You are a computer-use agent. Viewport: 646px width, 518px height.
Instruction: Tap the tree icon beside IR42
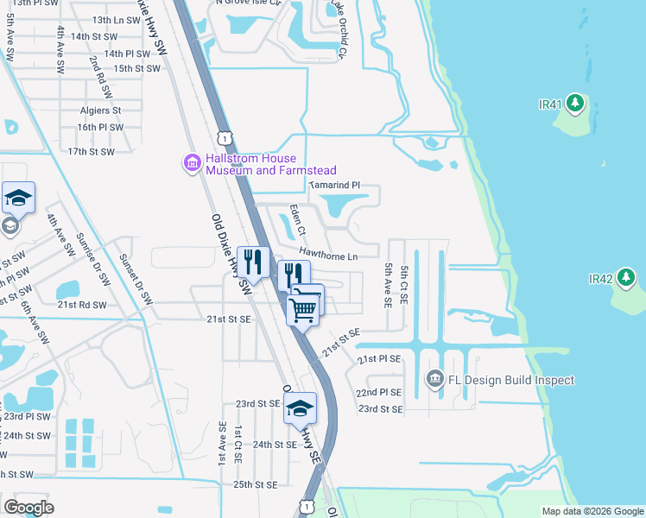click(x=626, y=279)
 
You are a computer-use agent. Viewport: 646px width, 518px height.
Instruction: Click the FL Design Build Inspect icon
click(x=434, y=379)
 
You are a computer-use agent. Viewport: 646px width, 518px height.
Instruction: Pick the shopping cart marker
click(x=303, y=308)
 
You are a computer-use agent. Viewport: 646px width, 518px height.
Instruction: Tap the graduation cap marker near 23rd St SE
click(x=300, y=408)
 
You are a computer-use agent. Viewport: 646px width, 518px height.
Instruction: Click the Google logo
click(x=28, y=508)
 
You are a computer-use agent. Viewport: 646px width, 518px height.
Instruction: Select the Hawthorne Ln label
click(x=328, y=255)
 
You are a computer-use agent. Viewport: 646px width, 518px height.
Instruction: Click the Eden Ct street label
click(x=297, y=220)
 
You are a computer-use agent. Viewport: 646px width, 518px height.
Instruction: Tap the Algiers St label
click(x=100, y=111)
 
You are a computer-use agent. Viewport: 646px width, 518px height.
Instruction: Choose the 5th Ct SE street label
click(x=404, y=287)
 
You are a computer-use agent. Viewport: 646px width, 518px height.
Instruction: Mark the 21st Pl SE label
click(x=380, y=358)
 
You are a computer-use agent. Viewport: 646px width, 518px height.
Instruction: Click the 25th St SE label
click(x=255, y=484)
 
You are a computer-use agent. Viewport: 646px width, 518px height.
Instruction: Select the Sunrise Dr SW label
click(x=93, y=259)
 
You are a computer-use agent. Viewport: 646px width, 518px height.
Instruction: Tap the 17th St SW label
click(x=92, y=152)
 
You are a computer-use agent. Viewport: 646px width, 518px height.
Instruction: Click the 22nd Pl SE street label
click(x=380, y=392)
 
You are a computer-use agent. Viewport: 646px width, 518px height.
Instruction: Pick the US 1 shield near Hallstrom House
click(x=225, y=138)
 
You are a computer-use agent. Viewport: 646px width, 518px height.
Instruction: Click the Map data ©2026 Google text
click(x=592, y=511)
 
